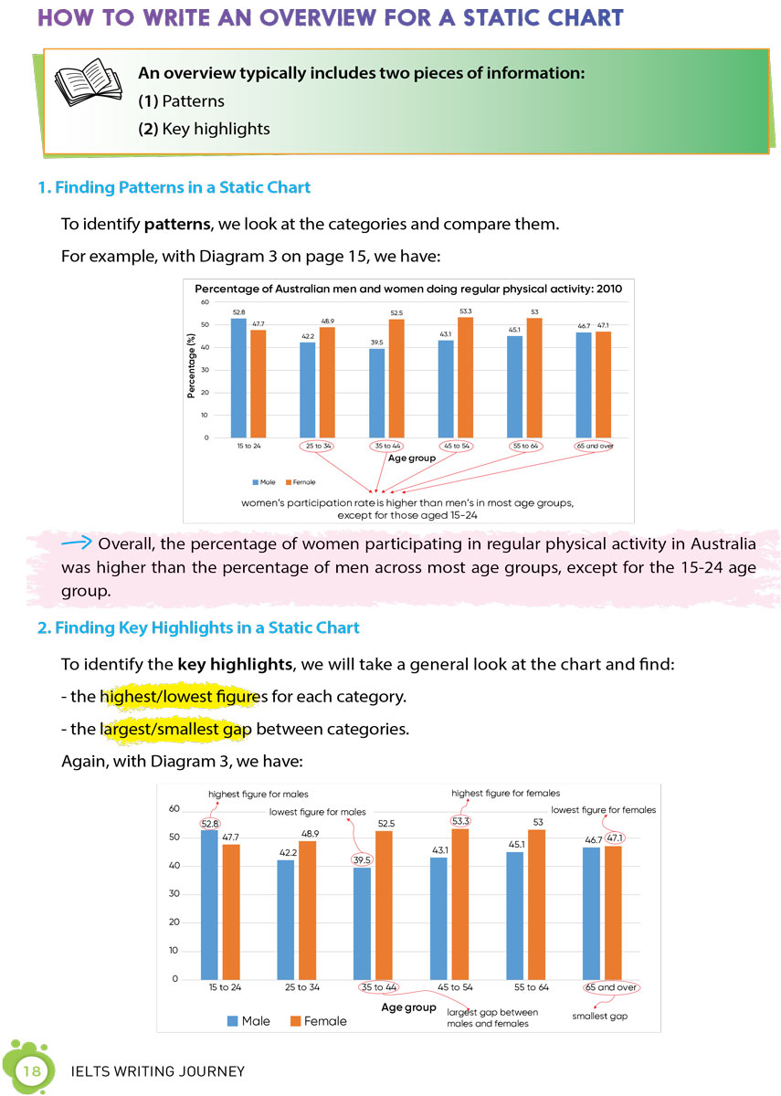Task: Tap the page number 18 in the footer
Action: [32, 1070]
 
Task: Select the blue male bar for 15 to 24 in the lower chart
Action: [209, 904]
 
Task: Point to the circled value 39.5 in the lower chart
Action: [362, 859]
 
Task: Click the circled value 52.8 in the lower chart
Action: [210, 824]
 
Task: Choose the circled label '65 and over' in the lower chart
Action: [610, 987]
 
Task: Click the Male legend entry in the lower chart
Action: [248, 1021]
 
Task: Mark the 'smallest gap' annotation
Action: [600, 1016]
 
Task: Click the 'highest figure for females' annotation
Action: [505, 793]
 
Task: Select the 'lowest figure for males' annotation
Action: [317, 811]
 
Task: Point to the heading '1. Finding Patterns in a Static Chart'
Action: [174, 188]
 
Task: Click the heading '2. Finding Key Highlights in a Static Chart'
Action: [198, 628]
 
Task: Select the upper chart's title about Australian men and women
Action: [408, 289]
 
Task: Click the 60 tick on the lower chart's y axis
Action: [174, 809]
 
